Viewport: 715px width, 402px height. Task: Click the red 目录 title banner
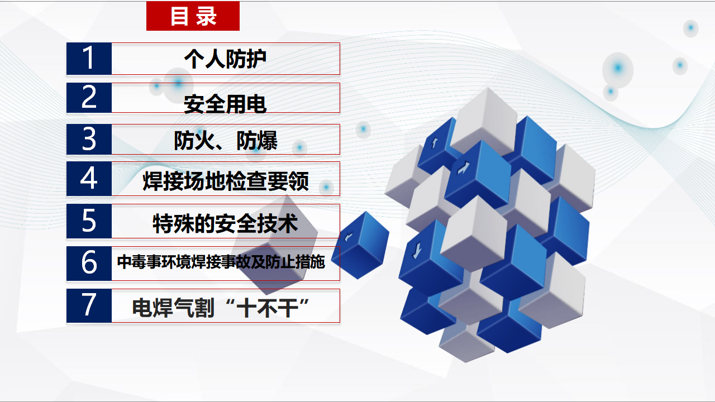[x=193, y=16]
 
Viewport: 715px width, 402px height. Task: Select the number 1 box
[x=89, y=59]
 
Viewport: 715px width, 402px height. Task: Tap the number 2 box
[x=89, y=98]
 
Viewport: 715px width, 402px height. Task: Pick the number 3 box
[x=89, y=139]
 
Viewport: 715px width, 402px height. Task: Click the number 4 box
[x=89, y=178]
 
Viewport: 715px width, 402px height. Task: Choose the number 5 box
[x=89, y=221]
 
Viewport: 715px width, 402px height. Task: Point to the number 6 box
[x=89, y=263]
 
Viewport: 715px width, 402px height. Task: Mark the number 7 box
[x=89, y=305]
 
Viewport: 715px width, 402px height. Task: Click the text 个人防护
[x=225, y=59]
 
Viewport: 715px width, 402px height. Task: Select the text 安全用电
[x=225, y=104]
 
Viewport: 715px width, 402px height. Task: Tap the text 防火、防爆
[x=226, y=140]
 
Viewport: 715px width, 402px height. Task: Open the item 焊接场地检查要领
[x=226, y=181]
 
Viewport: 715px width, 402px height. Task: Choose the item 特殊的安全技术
[x=225, y=223]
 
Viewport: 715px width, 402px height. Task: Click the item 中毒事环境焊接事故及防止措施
[x=221, y=262]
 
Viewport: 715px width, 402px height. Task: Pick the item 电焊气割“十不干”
[x=221, y=308]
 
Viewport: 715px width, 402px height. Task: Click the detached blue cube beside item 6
[x=360, y=245]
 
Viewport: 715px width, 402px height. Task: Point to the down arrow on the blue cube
[x=417, y=251]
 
